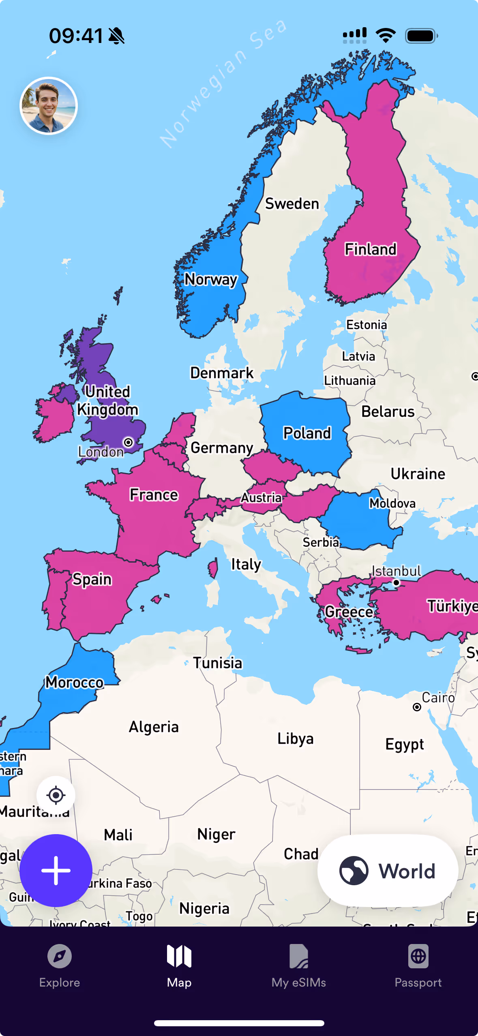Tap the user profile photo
[49, 106]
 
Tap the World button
[388, 871]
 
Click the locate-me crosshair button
[56, 795]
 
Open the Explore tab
[60, 966]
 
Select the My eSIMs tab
[299, 966]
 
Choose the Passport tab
[418, 966]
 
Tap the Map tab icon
[179, 957]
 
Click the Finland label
[370, 249]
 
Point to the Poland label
[307, 433]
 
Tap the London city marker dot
[128, 442]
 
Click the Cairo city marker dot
[417, 707]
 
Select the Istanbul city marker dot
[396, 582]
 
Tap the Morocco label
[75, 683]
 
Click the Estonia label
[367, 325]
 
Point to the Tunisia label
[218, 663]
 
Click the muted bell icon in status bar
[117, 36]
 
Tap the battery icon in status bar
[421, 36]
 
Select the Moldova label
[392, 503]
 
